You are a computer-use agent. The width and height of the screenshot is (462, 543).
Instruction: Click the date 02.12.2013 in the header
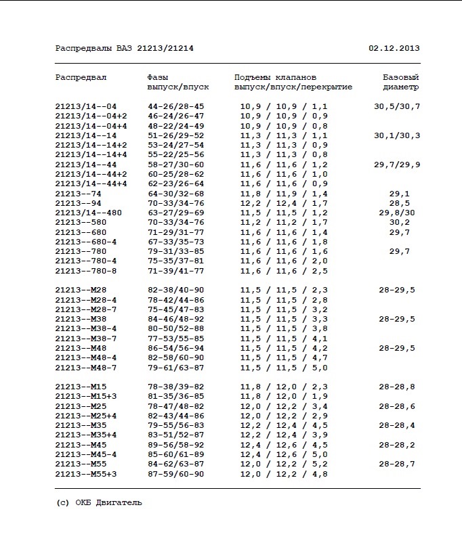click(x=394, y=49)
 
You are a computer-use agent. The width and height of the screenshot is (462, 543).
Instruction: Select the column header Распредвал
click(x=81, y=77)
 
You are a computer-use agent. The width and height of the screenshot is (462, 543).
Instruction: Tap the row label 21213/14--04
click(x=86, y=107)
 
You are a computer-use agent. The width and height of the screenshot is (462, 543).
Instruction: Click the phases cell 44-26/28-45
click(x=176, y=107)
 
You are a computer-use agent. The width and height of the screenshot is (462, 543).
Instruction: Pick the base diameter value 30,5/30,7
click(x=397, y=107)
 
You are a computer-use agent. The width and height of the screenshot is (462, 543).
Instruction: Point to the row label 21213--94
click(x=79, y=203)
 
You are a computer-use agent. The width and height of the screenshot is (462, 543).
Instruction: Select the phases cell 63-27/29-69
click(x=176, y=213)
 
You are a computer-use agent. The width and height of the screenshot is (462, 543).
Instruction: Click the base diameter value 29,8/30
click(x=397, y=213)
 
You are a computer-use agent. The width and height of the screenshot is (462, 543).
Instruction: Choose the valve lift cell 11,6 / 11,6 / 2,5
click(x=284, y=271)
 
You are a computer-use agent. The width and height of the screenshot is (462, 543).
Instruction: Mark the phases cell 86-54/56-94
click(x=176, y=348)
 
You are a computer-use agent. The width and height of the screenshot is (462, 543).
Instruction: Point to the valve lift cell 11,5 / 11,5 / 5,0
click(x=284, y=368)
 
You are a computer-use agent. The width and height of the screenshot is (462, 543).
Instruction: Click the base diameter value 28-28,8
click(x=397, y=387)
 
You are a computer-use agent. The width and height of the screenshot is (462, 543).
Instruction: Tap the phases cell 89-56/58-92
click(x=176, y=445)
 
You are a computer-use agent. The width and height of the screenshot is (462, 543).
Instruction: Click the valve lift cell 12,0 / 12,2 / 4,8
click(x=284, y=474)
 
